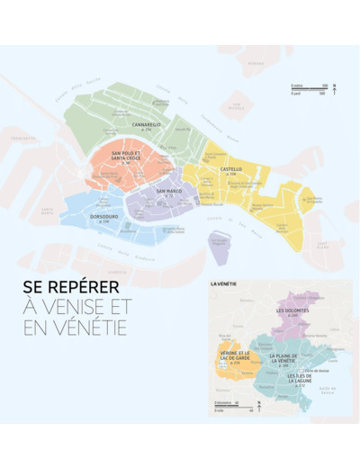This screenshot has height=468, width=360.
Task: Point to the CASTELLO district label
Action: (x=230, y=169)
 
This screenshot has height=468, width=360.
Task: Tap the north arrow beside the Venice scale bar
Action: (x=334, y=89)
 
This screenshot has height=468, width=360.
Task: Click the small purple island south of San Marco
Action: (x=218, y=241)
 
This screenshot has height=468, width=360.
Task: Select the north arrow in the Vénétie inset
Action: (x=258, y=405)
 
